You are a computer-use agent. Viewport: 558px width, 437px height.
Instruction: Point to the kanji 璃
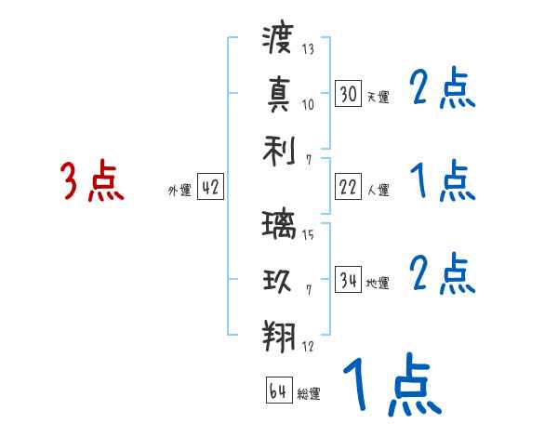278,226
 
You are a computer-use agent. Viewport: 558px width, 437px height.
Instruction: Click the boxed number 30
349,93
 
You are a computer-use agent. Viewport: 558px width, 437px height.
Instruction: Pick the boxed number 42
210,187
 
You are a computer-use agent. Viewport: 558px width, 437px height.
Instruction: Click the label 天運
378,97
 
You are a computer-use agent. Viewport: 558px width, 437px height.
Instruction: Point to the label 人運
378,191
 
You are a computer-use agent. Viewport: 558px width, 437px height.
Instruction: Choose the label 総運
309,394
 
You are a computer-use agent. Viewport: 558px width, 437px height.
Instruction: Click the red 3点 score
91,181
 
